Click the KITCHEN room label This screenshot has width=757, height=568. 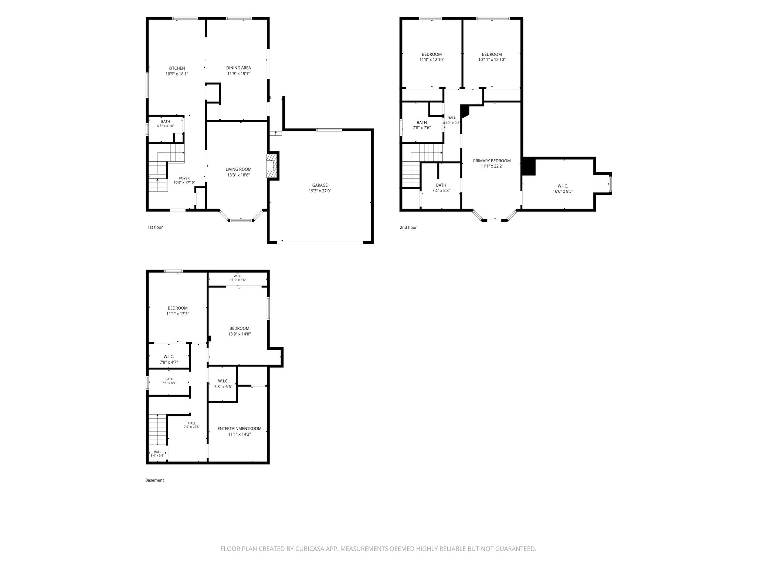177,68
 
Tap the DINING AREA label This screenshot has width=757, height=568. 238,68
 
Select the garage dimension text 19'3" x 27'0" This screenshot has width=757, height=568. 320,191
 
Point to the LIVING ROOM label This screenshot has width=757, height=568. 238,169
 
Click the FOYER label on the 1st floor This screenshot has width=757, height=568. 184,178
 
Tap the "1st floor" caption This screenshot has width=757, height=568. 155,227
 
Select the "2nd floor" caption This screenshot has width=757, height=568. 408,227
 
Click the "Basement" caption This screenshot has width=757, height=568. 155,480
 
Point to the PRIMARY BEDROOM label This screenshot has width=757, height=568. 492,161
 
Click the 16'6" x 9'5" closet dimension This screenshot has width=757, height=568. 563,191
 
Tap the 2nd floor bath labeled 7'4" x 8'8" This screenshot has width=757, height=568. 441,185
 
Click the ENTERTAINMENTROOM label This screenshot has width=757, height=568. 239,429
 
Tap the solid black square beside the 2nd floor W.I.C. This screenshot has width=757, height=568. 529,166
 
